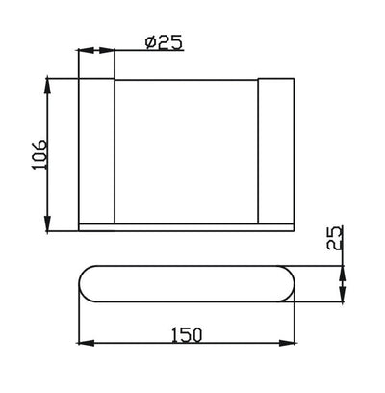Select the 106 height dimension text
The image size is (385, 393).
38,152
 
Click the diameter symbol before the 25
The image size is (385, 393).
148,43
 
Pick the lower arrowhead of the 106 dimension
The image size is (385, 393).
47,223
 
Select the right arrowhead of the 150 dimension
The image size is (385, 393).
292,344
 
